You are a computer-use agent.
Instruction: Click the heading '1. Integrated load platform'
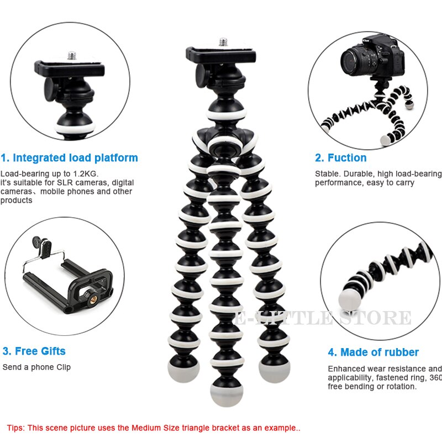(x=70, y=158)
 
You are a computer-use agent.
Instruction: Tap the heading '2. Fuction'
(x=340, y=158)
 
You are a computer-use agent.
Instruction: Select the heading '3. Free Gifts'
(x=34, y=351)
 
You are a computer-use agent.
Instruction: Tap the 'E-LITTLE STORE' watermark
(x=323, y=318)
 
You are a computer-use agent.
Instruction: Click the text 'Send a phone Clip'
(x=36, y=367)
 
